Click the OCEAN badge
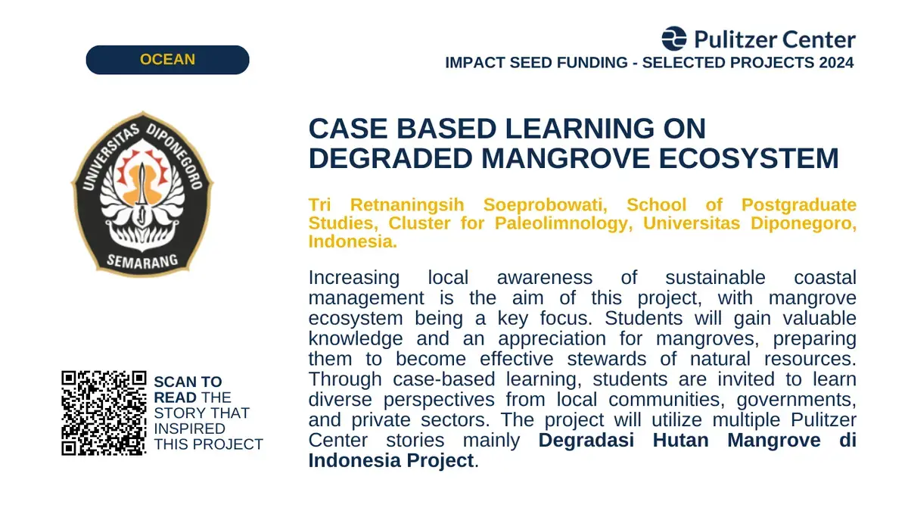pos(167,60)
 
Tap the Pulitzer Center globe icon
pos(674,39)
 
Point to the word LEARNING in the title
pos(580,129)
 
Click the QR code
pos(104,413)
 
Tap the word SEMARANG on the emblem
pos(142,261)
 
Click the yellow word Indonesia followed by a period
pos(353,241)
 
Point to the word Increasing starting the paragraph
pos(354,279)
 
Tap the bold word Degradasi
pos(586,441)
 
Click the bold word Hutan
pos(680,441)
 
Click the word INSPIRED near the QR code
pos(190,428)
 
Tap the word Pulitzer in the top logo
pos(735,39)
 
